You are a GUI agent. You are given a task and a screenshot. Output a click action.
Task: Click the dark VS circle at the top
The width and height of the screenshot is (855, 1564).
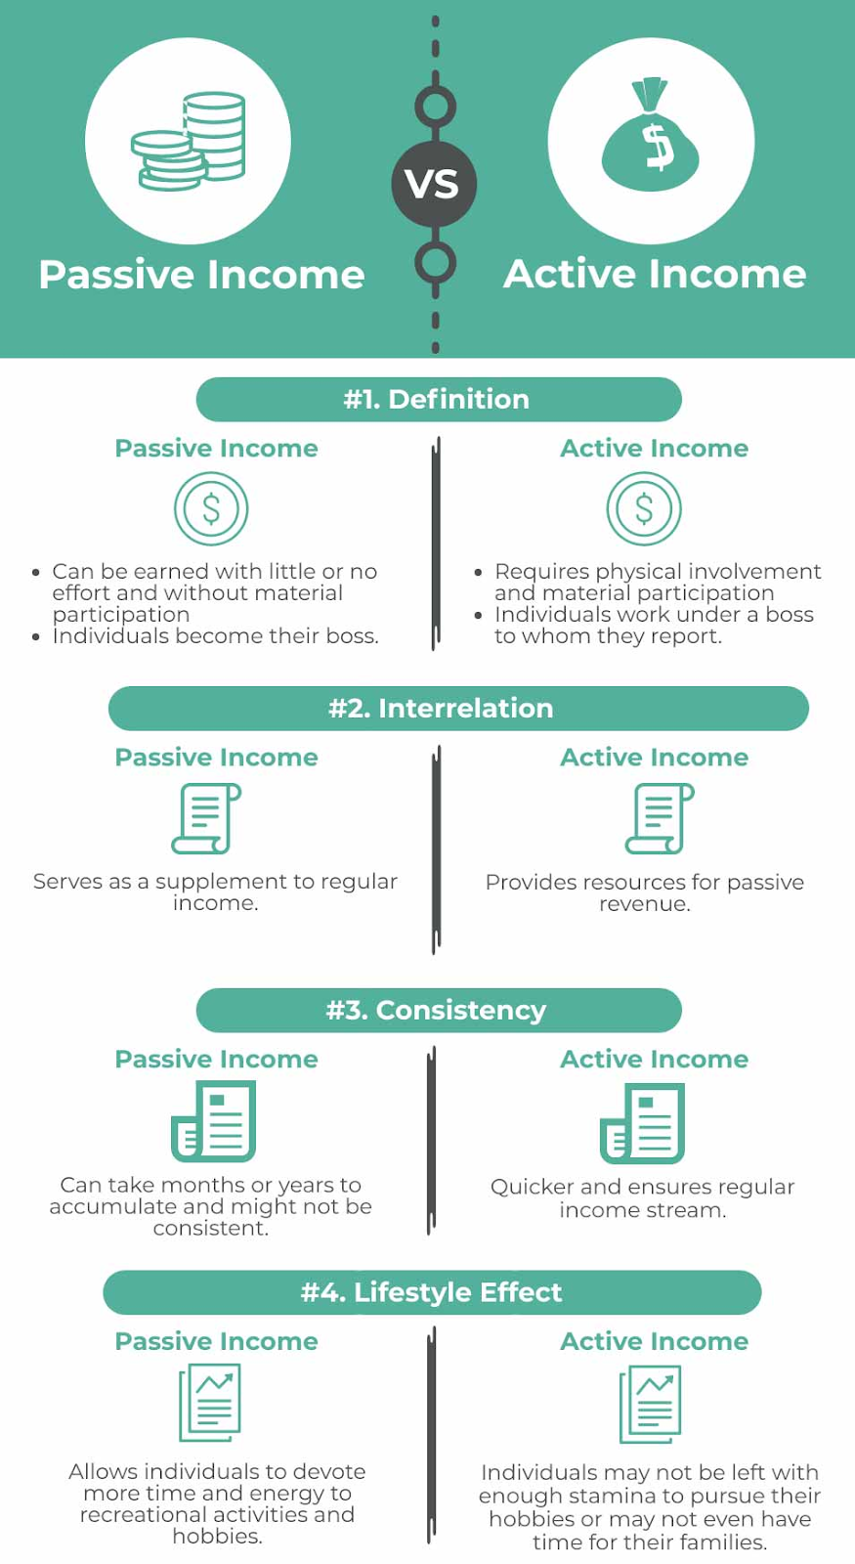coord(434,184)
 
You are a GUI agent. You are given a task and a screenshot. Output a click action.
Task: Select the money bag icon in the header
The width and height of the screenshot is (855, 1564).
coord(651,139)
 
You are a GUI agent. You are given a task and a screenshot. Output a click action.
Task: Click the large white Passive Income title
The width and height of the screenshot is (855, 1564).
coord(201,275)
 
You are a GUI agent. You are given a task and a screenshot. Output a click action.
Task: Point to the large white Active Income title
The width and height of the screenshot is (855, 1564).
coord(655,274)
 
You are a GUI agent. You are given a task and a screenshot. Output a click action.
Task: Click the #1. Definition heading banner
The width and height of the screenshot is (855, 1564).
coord(438,399)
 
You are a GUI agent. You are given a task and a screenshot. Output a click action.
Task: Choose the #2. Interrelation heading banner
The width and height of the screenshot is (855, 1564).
coord(457,708)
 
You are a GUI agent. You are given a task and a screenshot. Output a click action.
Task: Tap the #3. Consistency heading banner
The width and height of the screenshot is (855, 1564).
coord(438,1010)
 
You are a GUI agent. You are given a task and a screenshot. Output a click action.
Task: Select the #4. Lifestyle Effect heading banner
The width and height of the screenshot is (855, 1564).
coord(432,1292)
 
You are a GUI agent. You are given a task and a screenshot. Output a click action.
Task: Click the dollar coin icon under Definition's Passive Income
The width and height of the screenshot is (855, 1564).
coord(211,508)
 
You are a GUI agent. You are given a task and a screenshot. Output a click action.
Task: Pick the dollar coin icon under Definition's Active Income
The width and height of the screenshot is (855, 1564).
coord(644,508)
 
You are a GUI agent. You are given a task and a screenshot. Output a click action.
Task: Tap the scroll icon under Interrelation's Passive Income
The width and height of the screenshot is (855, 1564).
coord(206,818)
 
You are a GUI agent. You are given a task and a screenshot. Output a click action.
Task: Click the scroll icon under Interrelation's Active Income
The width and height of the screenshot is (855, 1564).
coord(660,818)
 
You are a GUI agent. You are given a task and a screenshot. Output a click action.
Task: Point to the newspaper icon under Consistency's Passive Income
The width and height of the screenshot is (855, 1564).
coord(214,1120)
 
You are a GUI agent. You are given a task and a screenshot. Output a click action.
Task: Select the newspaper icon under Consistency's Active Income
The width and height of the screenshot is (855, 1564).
coord(642,1122)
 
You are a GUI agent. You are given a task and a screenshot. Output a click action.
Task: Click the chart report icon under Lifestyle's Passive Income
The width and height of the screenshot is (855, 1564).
coord(210,1403)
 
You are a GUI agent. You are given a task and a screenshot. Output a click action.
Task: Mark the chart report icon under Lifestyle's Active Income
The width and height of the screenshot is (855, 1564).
coord(650,1404)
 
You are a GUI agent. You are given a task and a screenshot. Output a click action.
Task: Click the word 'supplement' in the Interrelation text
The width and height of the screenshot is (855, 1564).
coord(213,882)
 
